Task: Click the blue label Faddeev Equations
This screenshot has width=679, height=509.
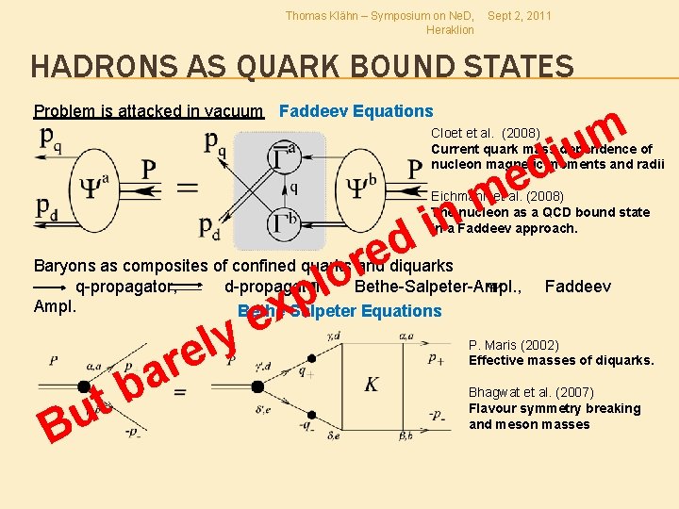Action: click(x=356, y=111)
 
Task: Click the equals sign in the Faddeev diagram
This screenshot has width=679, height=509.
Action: click(x=189, y=186)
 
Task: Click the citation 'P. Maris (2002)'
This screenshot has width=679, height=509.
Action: click(x=514, y=345)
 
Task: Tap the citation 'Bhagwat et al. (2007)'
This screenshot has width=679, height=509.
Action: click(x=531, y=392)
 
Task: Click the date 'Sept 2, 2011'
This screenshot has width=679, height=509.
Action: click(x=520, y=16)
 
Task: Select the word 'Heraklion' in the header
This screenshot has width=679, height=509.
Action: click(x=450, y=30)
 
